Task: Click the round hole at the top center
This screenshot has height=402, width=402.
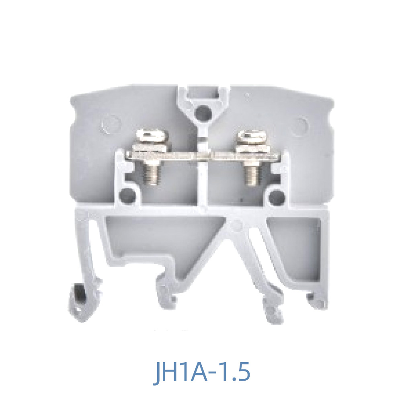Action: point(202,109)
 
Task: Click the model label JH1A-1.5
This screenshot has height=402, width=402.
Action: point(203,373)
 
